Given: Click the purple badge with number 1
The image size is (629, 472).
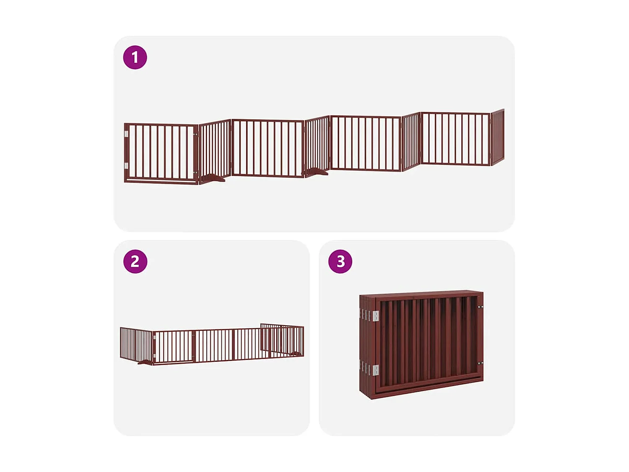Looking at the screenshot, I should point(135,57).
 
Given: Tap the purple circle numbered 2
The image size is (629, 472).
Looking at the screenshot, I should point(135,261).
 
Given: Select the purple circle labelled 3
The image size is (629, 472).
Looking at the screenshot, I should point(340,261).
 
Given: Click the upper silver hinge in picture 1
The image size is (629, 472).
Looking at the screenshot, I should point(126,134).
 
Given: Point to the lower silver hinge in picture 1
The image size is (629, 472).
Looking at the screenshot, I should point(126,165).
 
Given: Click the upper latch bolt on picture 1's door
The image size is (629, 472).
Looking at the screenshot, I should point(195,134).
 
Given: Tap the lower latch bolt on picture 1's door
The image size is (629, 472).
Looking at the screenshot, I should point(195,172).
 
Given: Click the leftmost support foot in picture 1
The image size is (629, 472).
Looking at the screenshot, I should point(214,178).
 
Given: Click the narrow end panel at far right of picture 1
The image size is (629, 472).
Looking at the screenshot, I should point(497,137).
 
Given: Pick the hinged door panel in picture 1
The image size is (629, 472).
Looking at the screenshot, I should point(161,153).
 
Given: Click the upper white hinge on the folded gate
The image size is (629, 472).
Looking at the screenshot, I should point(375,316).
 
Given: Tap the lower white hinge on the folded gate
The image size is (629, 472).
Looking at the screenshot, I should point(375,370).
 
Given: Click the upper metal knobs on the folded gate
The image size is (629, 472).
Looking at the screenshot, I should point(481,308).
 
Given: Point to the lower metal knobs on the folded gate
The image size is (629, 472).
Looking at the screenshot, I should point(481,363).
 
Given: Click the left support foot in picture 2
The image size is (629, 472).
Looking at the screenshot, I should point(146,362).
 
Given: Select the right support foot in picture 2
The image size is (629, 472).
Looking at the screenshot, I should point(297,355).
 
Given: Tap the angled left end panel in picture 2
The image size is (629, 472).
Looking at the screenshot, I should point(136,344).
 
